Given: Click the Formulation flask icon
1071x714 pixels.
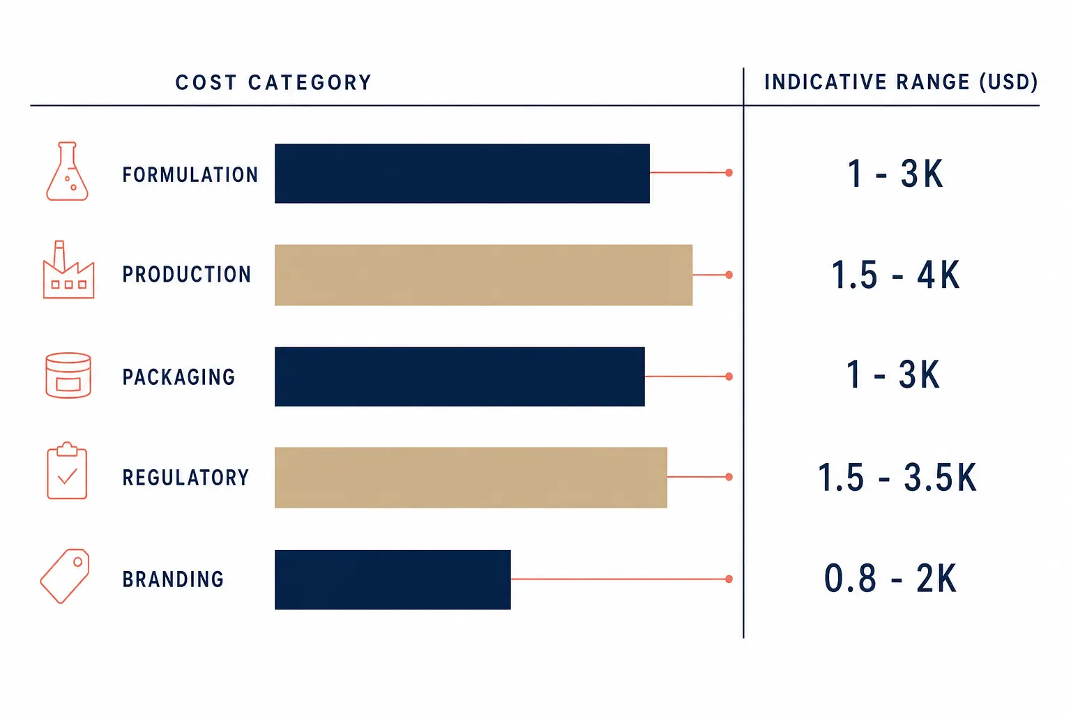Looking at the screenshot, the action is pyautogui.click(x=67, y=171).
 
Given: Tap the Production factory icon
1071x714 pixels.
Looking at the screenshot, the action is pyautogui.click(x=68, y=270).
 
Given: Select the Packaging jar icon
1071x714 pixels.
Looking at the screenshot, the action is pyautogui.click(x=68, y=375).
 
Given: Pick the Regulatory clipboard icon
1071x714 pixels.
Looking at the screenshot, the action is pyautogui.click(x=67, y=471).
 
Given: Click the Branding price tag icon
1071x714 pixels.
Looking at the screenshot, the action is pyautogui.click(x=65, y=576).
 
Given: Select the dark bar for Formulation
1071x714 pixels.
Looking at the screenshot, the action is pyautogui.click(x=462, y=173).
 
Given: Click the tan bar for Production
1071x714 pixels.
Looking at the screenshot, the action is pyautogui.click(x=483, y=275).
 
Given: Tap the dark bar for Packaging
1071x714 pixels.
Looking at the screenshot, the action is pyautogui.click(x=459, y=377).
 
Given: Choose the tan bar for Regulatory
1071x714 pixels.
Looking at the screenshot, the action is pyautogui.click(x=471, y=477).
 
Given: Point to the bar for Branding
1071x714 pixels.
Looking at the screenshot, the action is pyautogui.click(x=393, y=579).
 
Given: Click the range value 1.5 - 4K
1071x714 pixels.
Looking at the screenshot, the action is pyautogui.click(x=895, y=275).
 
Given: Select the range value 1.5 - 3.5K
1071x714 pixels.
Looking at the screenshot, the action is pyautogui.click(x=897, y=477).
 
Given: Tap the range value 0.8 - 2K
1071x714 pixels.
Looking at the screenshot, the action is pyautogui.click(x=890, y=578).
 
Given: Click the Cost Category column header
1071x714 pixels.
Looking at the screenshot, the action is pyautogui.click(x=273, y=82).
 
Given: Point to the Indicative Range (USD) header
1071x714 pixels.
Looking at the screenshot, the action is pyautogui.click(x=902, y=82).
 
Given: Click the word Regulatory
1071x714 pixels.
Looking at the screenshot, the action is pyautogui.click(x=185, y=478).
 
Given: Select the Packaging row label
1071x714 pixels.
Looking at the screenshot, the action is pyautogui.click(x=178, y=377).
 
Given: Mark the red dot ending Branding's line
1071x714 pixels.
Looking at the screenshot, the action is pyautogui.click(x=729, y=579).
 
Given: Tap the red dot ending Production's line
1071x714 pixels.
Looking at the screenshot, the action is pyautogui.click(x=729, y=275).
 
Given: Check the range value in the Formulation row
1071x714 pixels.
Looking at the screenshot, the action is pyautogui.click(x=895, y=173).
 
